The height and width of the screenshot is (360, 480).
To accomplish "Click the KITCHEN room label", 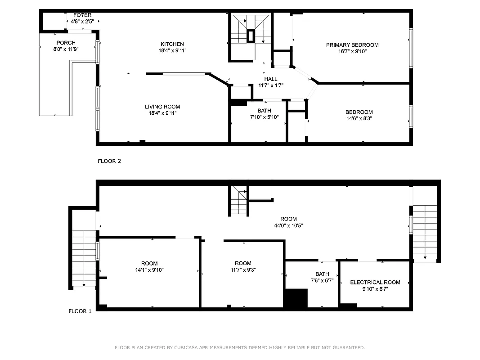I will (172, 44).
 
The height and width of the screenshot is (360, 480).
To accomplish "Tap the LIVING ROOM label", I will (162, 107).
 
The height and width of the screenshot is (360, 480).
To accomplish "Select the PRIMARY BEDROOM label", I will (352, 45).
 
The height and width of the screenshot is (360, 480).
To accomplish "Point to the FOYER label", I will (82, 15).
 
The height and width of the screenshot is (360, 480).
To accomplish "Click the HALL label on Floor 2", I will (271, 79).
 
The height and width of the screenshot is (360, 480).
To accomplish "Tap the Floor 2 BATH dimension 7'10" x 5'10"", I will (265, 117).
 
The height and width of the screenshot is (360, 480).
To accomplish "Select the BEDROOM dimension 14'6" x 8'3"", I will (359, 118).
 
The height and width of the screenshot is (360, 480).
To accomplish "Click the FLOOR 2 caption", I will (109, 161).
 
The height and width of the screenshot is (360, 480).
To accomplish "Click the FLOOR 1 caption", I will (80, 311).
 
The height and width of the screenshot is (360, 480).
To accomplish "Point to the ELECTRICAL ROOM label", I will (375, 283).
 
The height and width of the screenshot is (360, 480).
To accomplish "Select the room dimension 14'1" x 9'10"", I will (149, 270).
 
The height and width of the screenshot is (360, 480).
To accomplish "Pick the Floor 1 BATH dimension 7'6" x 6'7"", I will (322, 280).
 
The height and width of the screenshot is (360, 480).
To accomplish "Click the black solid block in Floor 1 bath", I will (296, 298).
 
